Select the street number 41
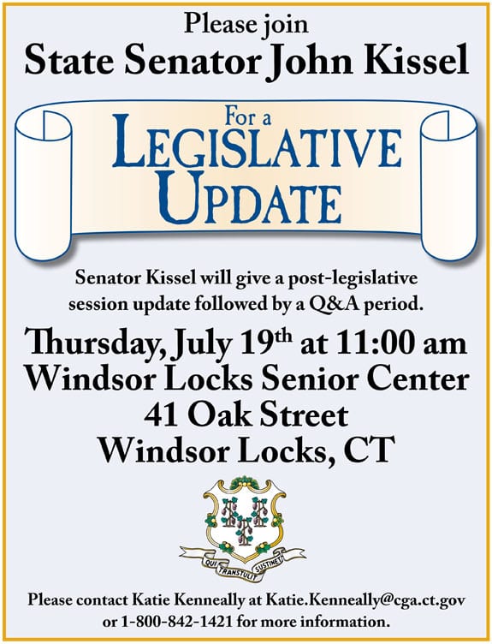click(x=161, y=416)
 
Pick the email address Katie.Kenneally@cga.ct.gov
click(x=365, y=601)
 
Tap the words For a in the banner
click(x=248, y=118)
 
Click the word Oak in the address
click(x=216, y=416)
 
